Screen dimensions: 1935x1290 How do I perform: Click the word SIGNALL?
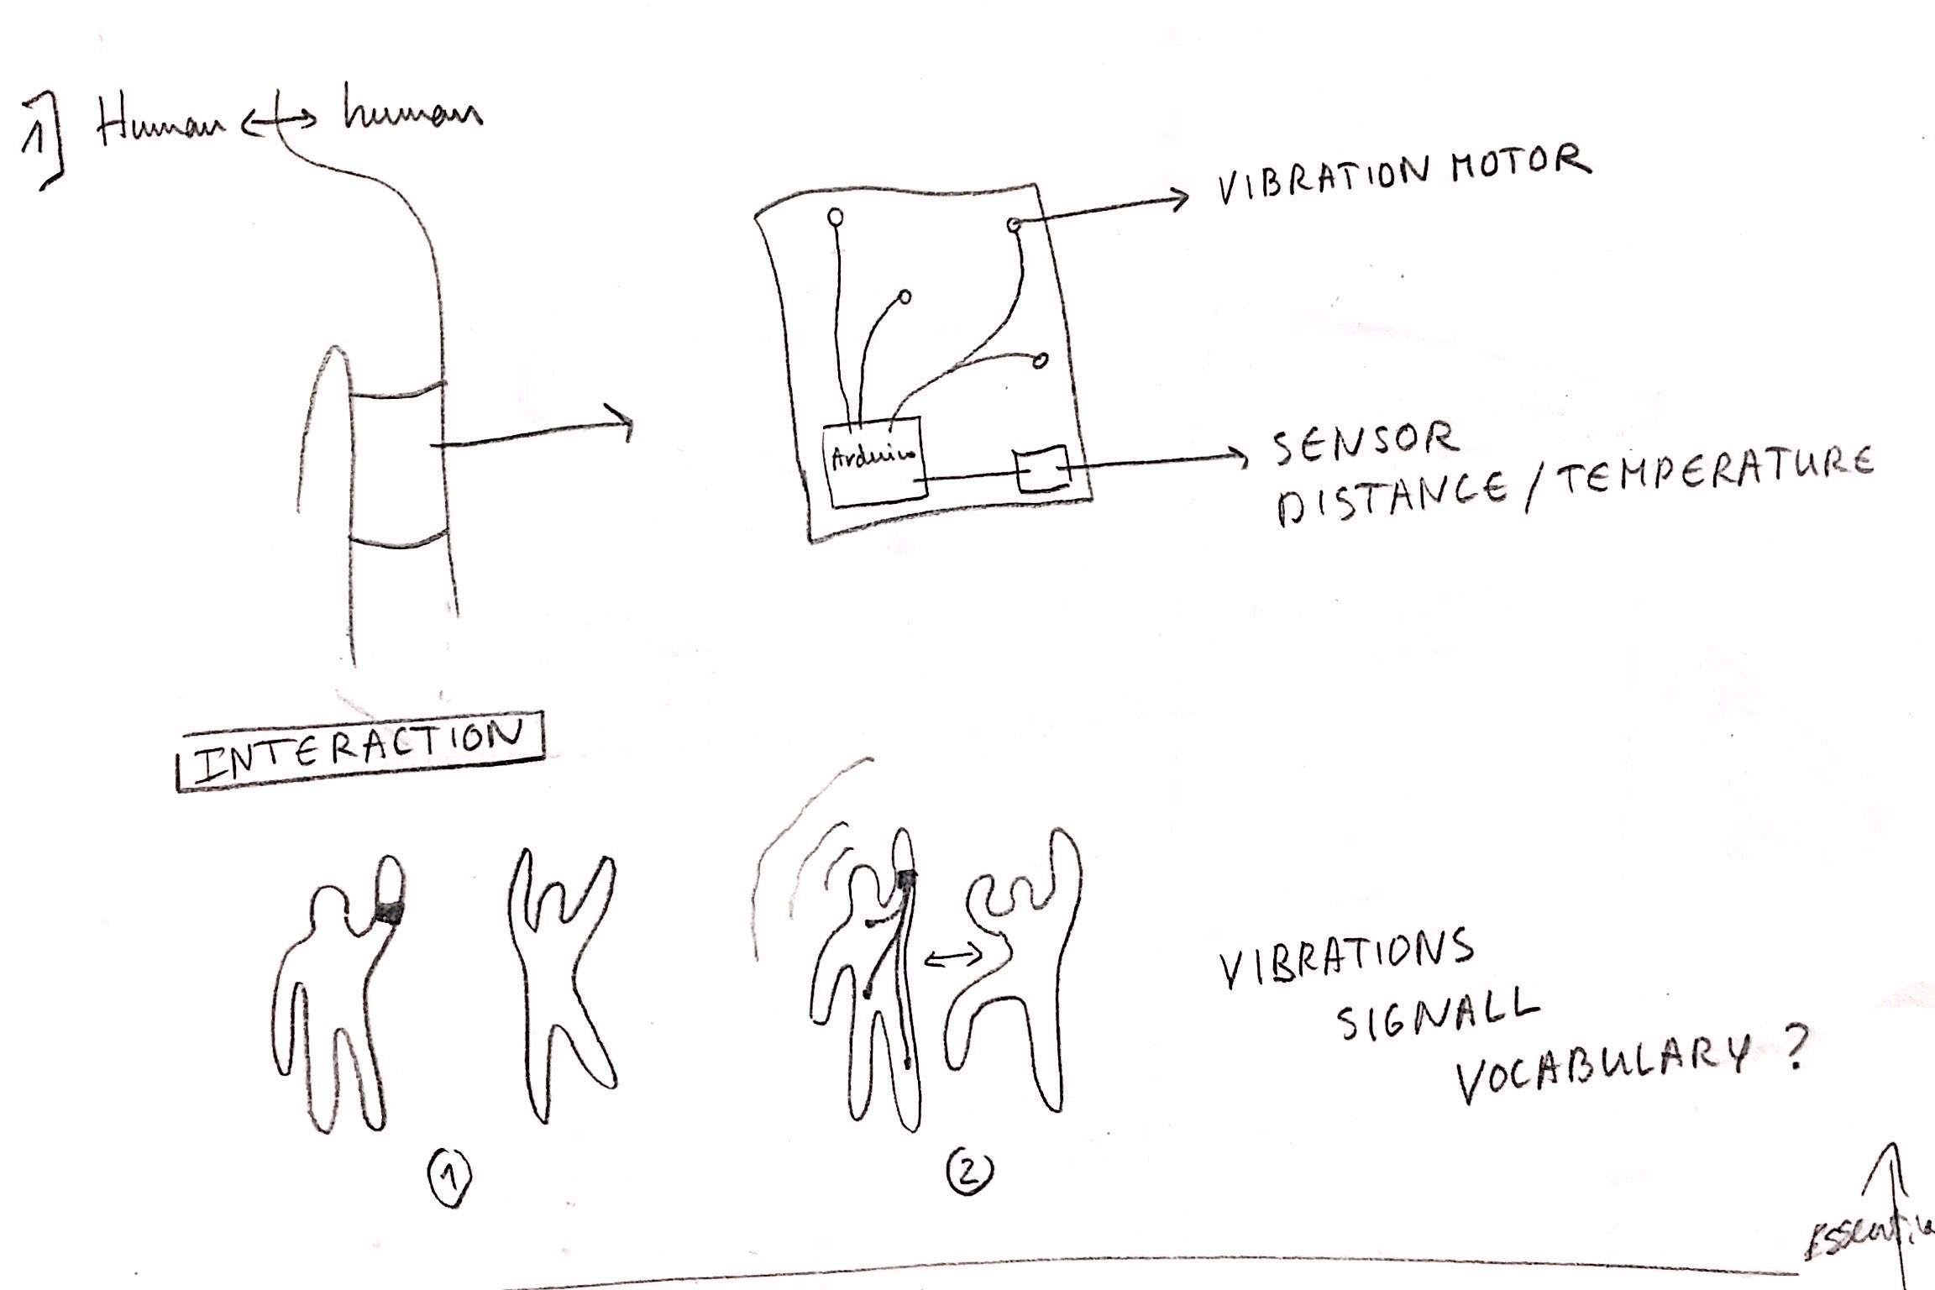pos(1437,1018)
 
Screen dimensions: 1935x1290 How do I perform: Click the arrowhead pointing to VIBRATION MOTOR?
pos(1180,198)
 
